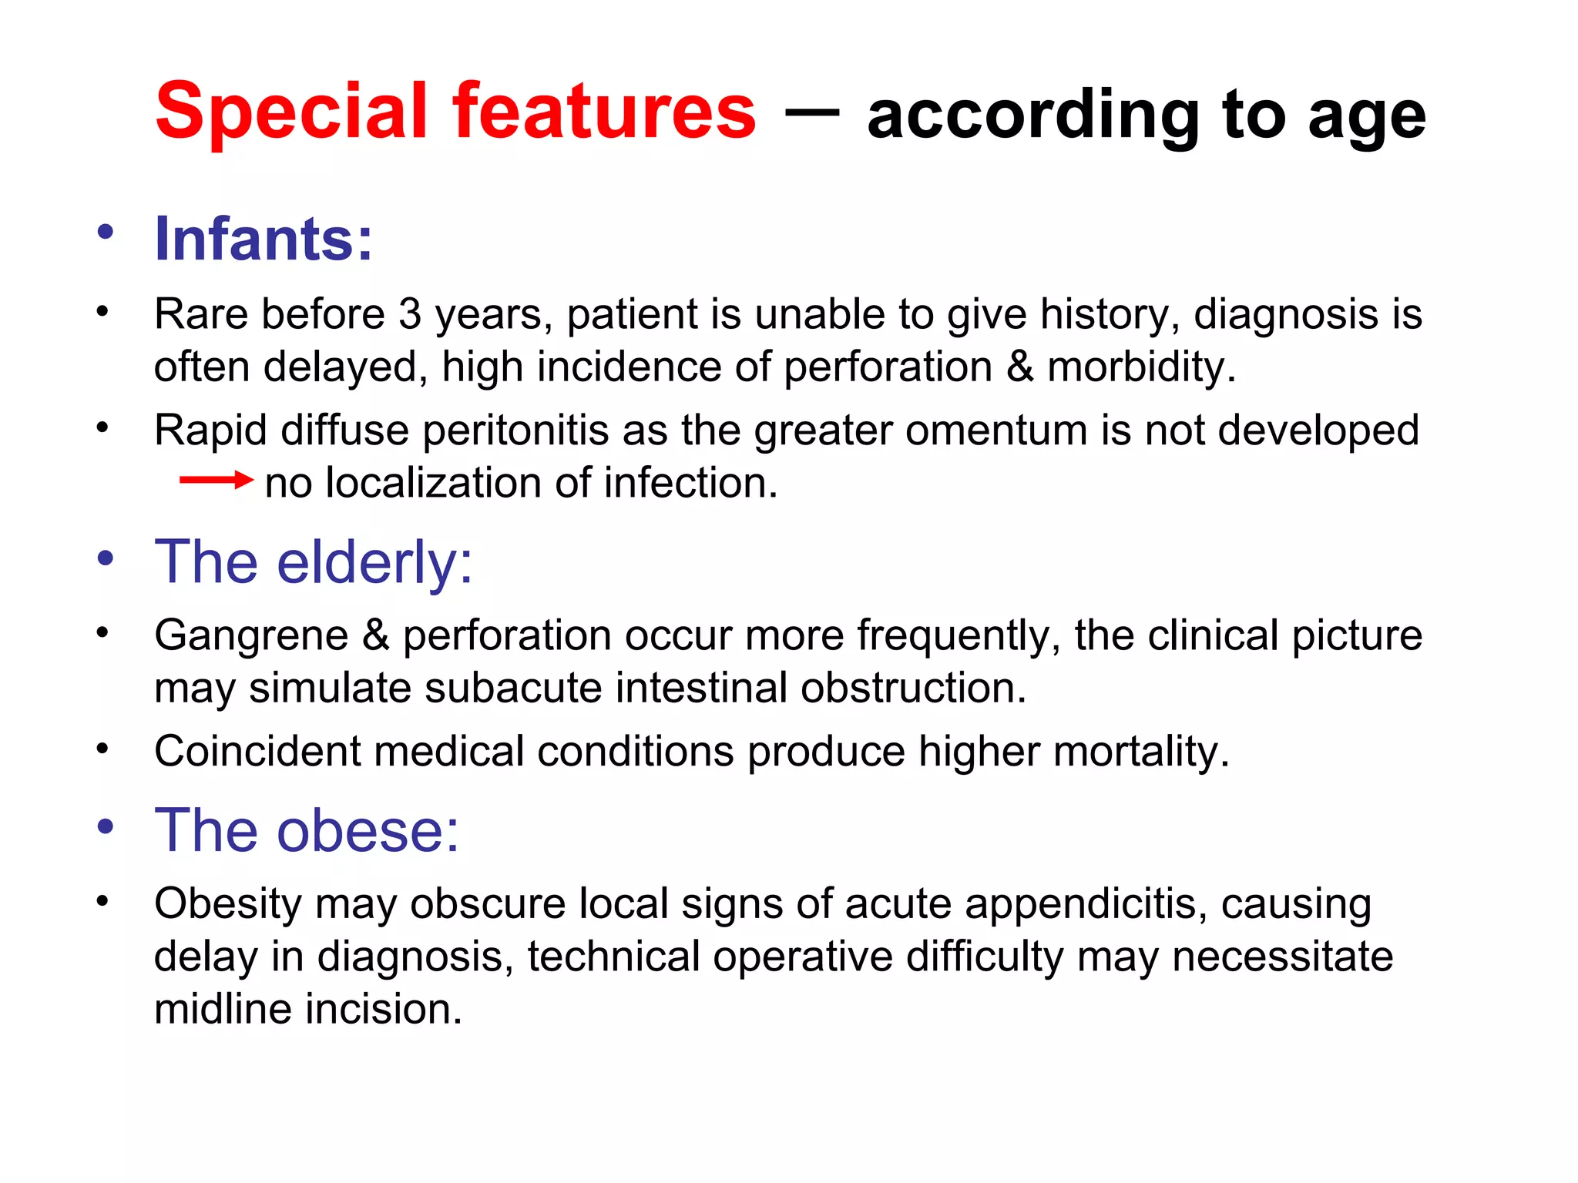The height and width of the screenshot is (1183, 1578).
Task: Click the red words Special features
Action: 455,112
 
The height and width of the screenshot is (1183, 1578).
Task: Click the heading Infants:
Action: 264,239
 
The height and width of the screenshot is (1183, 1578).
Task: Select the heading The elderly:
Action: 313,561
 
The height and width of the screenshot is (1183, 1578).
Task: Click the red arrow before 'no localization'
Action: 216,481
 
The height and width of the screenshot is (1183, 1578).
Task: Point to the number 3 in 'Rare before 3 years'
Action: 410,314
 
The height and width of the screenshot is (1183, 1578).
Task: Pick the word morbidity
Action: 1140,367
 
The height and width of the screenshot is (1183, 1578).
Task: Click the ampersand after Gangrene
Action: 375,635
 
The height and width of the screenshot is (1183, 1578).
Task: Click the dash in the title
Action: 811,113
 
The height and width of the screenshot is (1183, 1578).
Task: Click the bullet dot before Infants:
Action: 106,231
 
